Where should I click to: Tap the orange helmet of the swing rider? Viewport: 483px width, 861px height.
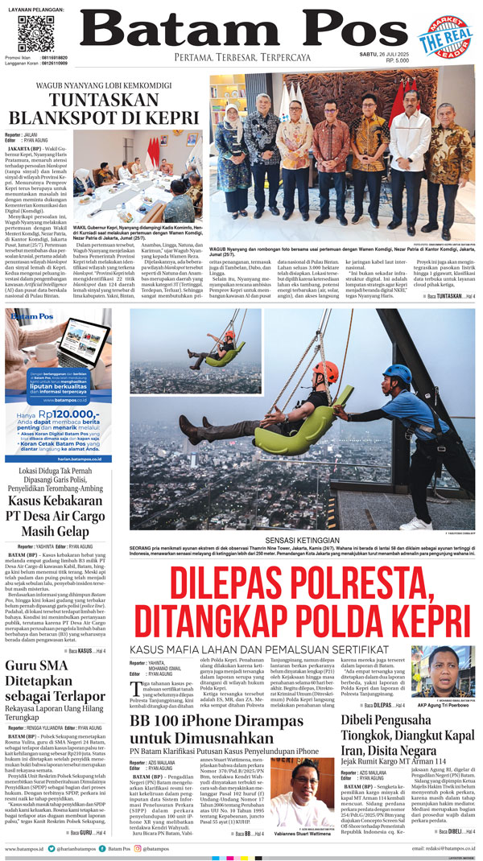324,372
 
